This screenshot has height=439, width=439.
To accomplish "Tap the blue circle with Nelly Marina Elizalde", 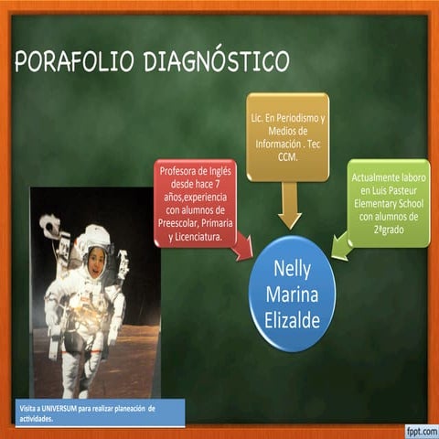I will tap(292, 293).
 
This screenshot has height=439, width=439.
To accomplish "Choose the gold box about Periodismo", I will tap(287, 137).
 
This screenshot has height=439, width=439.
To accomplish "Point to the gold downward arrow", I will tap(289, 205).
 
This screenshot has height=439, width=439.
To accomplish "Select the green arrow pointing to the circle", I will tap(340, 244).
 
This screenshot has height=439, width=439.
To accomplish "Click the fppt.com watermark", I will tap(416, 429).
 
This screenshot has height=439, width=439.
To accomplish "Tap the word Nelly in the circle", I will tap(292, 268).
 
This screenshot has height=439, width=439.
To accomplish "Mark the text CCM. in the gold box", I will tap(288, 156).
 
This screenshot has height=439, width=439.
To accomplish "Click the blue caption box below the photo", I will tap(99, 412).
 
